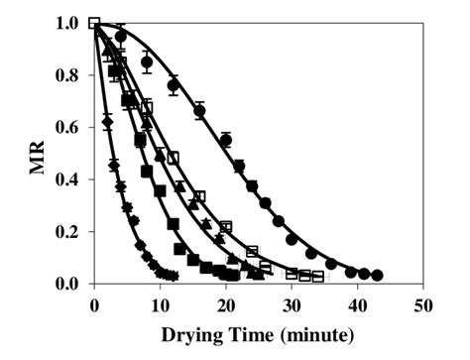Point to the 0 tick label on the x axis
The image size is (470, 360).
93,302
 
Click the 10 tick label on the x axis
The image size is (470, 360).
160,302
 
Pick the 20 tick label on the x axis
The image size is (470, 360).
226,302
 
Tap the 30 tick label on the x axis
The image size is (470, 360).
293,302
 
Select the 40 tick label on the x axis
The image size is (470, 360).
359,302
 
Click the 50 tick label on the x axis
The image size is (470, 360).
425,302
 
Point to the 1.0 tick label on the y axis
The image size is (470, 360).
68,23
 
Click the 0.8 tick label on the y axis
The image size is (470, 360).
68,75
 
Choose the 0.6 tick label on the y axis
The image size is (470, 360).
68,127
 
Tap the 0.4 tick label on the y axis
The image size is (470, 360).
68,180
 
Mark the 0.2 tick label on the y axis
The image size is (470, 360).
68,232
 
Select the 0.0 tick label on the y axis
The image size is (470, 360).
68,285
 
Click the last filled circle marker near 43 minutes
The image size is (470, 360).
378,275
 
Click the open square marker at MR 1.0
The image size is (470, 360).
94,23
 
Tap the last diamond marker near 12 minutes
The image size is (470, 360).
174,276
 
